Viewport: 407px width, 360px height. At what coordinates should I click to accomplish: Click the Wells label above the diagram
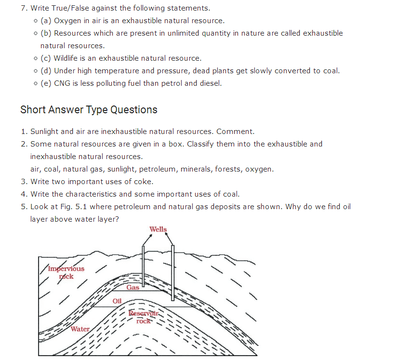158,229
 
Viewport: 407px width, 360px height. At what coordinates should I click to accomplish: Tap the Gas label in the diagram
133,288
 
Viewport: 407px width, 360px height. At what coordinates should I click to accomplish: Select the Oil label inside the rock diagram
117,301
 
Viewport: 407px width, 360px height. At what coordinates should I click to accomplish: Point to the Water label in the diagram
80,329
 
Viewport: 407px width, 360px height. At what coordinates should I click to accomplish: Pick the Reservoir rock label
144,317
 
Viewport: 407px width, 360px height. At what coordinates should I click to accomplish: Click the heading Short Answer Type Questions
89,110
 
